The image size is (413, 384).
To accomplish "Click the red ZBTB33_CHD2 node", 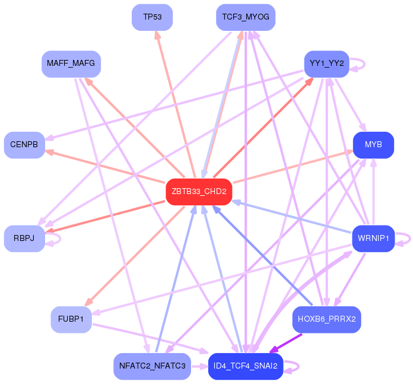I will click(198, 191).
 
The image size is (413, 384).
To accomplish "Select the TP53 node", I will click(152, 17).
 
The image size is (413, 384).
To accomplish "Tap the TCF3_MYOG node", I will click(245, 17).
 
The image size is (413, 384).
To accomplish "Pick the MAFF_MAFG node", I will click(71, 64).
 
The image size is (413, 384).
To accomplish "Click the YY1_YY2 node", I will click(326, 64).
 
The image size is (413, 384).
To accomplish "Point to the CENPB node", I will click(24, 145).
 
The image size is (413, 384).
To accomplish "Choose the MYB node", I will click(373, 145).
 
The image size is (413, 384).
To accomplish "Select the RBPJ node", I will click(24, 239).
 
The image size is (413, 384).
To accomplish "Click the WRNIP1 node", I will click(373, 239).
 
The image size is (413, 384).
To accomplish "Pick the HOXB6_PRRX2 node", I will click(326, 319).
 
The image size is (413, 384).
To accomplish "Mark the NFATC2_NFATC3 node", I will click(152, 366).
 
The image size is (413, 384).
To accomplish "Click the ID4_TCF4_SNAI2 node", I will click(245, 366).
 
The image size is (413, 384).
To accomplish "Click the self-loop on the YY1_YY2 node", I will click(358, 64).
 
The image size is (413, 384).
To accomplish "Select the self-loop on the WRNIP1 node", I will click(405, 239).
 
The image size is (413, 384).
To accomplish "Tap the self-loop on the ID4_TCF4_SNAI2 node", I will click(291, 366).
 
